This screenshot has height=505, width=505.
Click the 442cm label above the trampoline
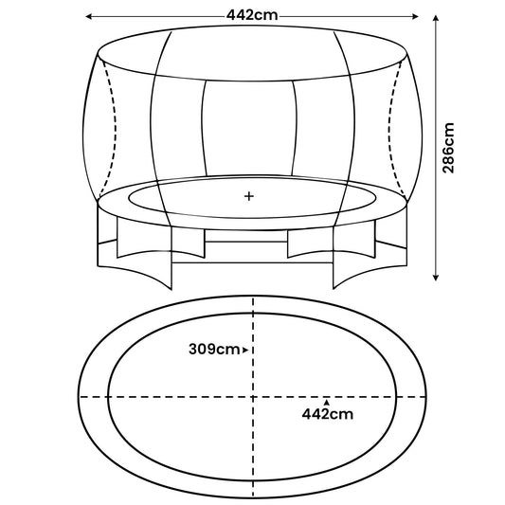point(251,16)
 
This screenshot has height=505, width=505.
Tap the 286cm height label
point(449,148)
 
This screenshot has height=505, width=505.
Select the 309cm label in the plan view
point(214,350)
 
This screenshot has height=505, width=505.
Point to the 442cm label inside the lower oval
point(328,413)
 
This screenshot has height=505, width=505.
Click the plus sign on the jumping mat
point(249,197)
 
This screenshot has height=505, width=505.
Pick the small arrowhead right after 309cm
point(245,351)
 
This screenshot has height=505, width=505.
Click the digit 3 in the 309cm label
point(193,350)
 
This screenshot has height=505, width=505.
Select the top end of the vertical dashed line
point(253,298)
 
